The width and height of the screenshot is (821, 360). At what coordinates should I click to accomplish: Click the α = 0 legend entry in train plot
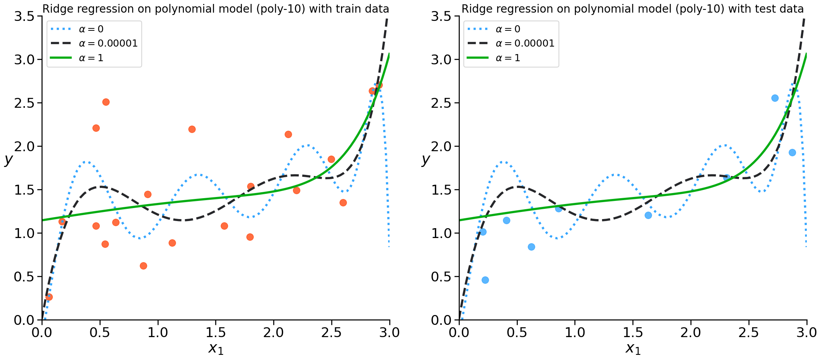pos(91,29)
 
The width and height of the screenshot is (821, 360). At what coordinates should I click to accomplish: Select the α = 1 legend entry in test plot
pos(508,58)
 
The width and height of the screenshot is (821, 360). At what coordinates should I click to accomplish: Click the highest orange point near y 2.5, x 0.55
pos(106,102)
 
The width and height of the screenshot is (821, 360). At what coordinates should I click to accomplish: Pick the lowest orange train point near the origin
pos(49,297)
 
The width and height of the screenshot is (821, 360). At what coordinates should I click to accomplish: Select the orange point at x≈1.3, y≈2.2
pos(192,129)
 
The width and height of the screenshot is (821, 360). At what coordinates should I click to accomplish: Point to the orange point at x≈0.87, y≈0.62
pos(143,266)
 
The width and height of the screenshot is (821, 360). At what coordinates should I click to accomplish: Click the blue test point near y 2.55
pos(775,98)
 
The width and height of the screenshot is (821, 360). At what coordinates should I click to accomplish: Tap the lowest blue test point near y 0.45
pos(485,280)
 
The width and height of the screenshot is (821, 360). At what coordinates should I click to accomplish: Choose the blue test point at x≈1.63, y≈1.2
pos(648,216)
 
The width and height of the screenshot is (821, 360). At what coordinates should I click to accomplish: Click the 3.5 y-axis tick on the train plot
pos(25,17)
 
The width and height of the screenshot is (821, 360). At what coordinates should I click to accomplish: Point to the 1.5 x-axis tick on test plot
pos(633,332)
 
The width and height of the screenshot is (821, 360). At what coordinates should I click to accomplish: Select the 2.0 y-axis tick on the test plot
pos(442,146)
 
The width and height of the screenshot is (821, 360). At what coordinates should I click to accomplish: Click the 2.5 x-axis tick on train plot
pos(332,332)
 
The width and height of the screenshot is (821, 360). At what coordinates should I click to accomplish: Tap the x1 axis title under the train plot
pos(216,348)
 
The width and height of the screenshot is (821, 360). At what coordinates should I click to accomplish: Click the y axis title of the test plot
pos(425,159)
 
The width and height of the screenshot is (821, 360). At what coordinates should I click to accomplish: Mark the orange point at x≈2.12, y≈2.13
pos(288,135)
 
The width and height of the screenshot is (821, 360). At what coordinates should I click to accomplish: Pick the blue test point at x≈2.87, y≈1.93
pos(792,153)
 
